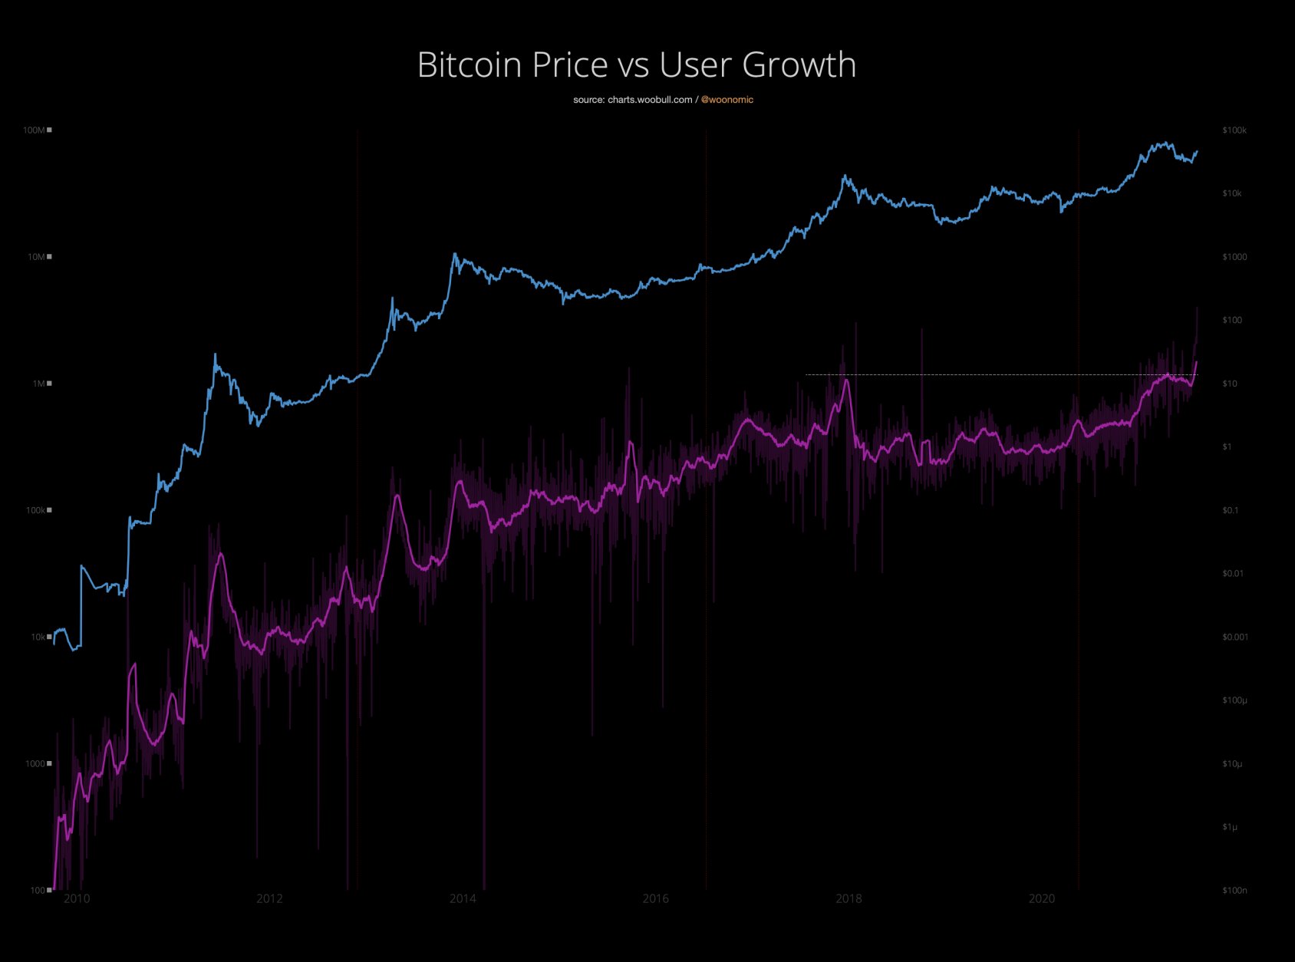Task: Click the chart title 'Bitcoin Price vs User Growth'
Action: click(636, 64)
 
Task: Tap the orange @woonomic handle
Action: click(727, 100)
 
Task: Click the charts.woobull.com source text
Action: click(633, 100)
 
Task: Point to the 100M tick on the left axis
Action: click(34, 130)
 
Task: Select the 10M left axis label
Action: click(36, 257)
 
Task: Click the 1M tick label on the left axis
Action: click(38, 384)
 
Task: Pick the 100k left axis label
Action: click(36, 510)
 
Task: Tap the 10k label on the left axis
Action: click(38, 637)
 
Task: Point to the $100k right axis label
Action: click(1234, 130)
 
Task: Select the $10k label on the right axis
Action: click(1232, 193)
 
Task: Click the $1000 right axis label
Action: click(1234, 257)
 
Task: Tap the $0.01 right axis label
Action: click(1233, 574)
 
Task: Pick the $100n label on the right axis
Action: click(1234, 891)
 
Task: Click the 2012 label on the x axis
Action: click(269, 899)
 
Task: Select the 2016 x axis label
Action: click(655, 899)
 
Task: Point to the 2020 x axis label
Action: click(1041, 899)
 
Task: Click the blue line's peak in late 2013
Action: click(455, 254)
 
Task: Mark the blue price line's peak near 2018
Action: click(845, 176)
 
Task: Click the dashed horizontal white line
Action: click(997, 374)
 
